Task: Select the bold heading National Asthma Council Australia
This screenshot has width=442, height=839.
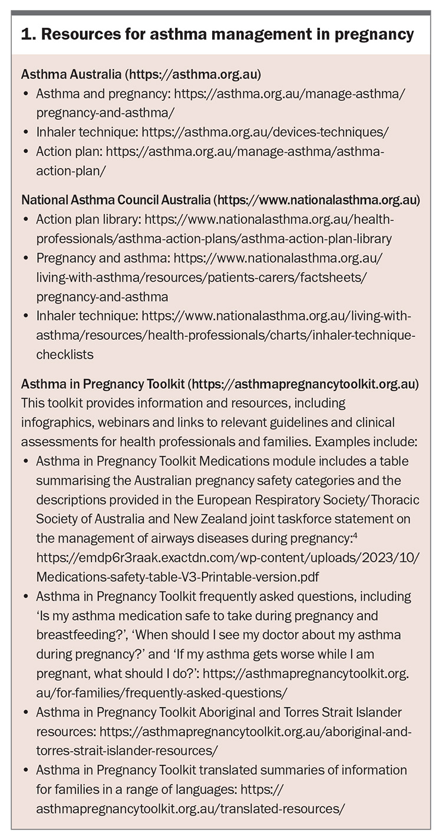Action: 116,200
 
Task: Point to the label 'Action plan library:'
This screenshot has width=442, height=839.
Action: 88,219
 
